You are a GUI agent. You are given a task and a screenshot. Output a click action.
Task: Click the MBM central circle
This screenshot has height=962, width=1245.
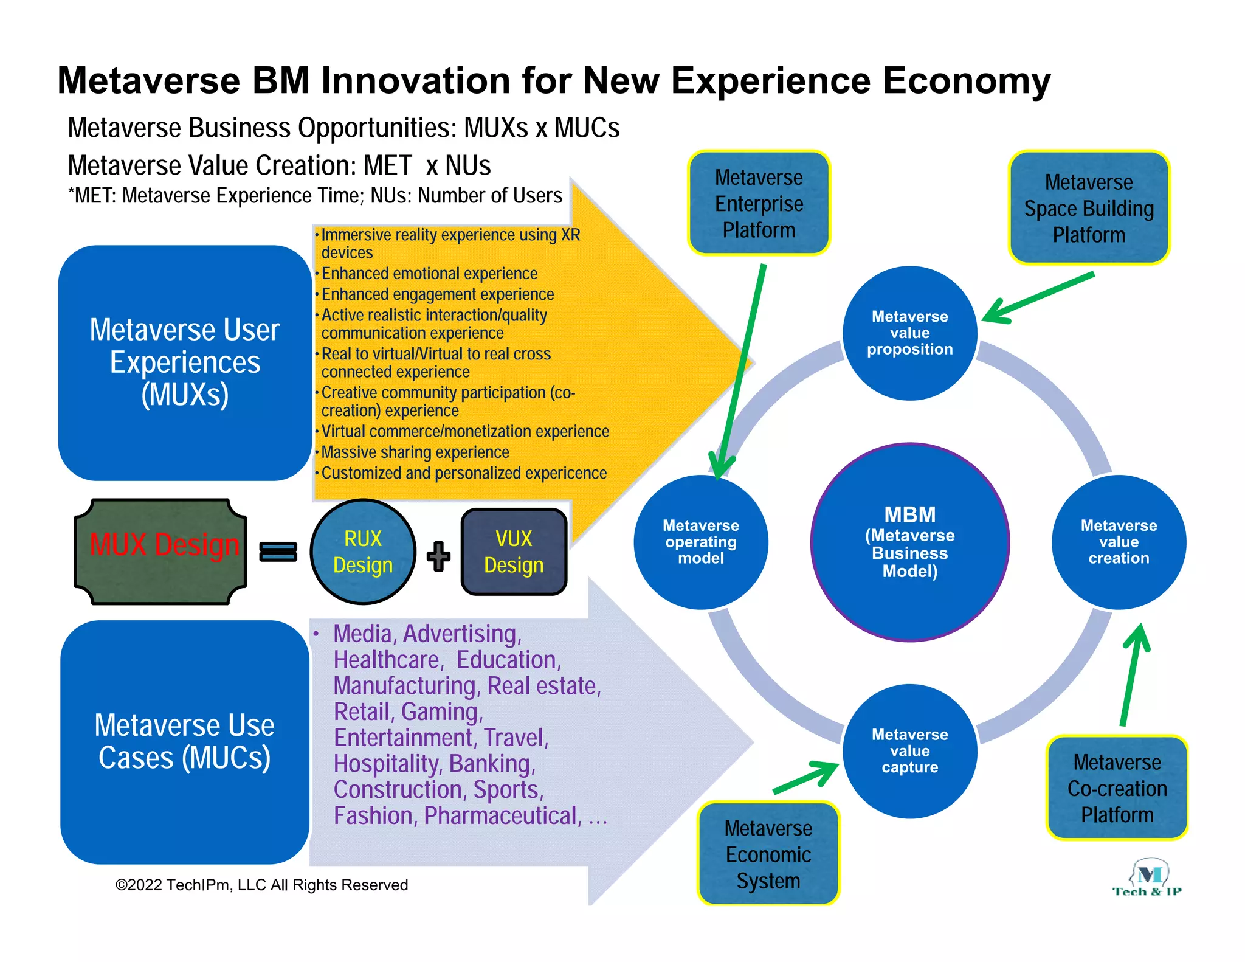tap(909, 542)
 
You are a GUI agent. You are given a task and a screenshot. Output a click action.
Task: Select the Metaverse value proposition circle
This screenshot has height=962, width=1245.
tap(909, 333)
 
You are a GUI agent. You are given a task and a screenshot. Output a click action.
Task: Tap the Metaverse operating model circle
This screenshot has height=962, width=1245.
tap(700, 542)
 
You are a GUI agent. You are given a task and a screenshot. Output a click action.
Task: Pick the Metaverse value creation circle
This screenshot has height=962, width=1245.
tap(1119, 542)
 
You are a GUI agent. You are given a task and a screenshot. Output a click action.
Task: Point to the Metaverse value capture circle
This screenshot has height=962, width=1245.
tap(909, 751)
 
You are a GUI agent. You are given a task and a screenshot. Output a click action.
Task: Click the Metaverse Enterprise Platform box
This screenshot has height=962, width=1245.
tap(759, 203)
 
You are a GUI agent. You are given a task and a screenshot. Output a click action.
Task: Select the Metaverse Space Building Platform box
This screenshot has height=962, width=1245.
tap(1089, 208)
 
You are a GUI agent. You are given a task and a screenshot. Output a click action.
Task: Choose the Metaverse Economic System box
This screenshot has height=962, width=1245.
tap(768, 854)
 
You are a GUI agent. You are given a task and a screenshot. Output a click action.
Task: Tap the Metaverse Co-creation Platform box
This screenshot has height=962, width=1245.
tap(1117, 788)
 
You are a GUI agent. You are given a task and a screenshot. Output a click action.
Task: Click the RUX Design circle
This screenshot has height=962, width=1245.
tap(363, 552)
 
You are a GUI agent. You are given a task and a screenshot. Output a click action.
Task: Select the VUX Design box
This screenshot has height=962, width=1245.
tap(514, 552)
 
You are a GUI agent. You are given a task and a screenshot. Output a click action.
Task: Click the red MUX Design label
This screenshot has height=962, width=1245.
tap(164, 545)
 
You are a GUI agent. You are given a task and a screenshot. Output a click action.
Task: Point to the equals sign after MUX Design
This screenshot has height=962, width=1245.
tap(278, 552)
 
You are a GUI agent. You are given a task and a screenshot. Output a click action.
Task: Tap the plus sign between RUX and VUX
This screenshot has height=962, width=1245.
tap(438, 556)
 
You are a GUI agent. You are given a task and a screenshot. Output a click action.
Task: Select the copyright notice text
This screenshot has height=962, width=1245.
tap(261, 885)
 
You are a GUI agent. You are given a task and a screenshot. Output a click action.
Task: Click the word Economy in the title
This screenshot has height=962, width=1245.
tap(967, 80)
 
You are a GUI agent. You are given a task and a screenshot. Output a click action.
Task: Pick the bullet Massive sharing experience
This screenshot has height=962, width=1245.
tap(415, 452)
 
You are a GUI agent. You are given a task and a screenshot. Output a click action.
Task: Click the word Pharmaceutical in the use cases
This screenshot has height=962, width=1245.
tap(500, 816)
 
